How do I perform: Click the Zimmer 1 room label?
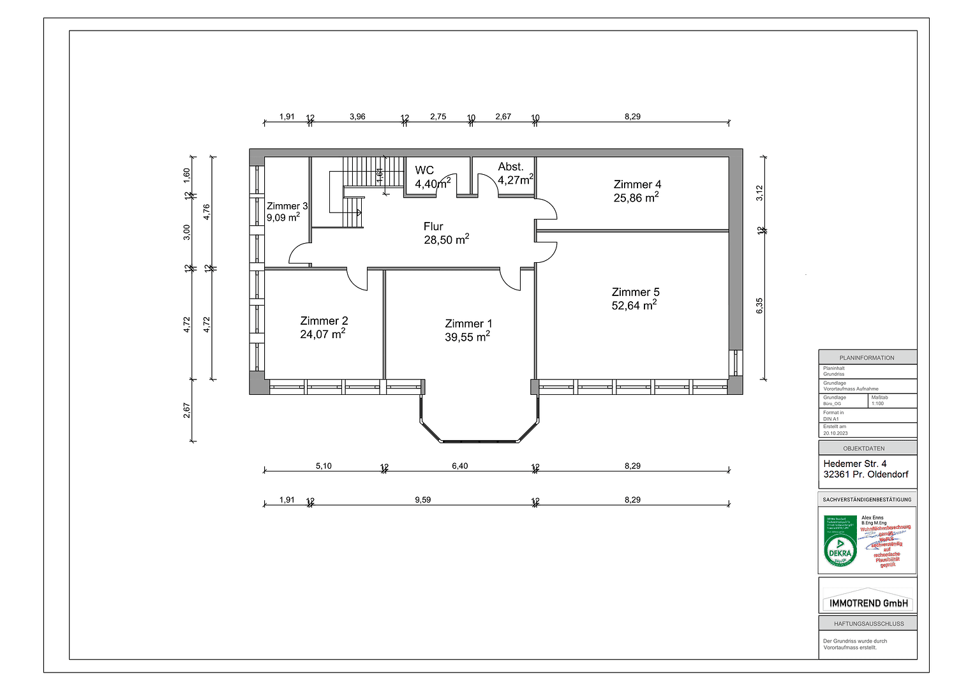click(x=468, y=323)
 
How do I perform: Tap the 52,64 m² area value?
click(x=634, y=306)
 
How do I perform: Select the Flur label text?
click(x=433, y=226)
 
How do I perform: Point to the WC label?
click(x=424, y=170)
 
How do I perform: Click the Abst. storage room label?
click(x=510, y=167)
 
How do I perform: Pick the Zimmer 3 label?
click(x=287, y=206)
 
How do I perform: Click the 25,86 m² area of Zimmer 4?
click(x=636, y=198)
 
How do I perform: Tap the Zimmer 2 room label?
click(x=324, y=321)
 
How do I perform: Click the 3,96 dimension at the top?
click(x=357, y=117)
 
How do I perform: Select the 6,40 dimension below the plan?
click(x=459, y=466)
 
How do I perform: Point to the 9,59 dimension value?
click(x=422, y=500)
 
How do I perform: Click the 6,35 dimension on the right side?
click(x=759, y=306)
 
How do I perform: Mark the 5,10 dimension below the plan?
click(x=324, y=466)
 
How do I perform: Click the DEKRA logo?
click(x=840, y=551)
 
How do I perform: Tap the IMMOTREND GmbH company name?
click(x=868, y=603)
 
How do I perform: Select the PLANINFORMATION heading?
click(x=867, y=358)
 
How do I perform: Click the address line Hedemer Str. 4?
click(x=854, y=464)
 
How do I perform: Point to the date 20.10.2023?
click(x=835, y=433)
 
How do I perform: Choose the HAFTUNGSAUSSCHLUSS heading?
click(x=867, y=623)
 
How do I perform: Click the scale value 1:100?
click(x=877, y=403)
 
